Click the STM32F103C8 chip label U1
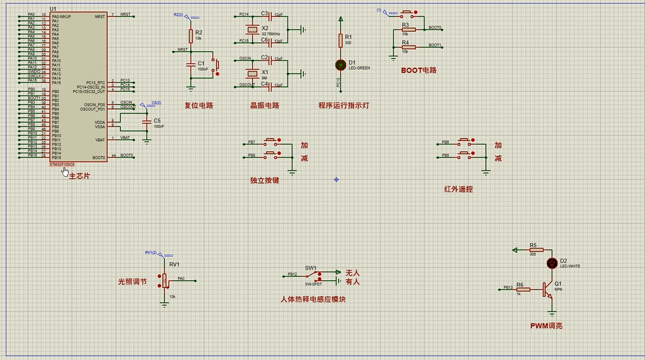click(x=53, y=8)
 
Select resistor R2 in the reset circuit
click(x=190, y=36)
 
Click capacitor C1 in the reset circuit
click(x=190, y=64)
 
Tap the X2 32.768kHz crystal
click(x=249, y=29)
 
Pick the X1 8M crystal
click(x=249, y=72)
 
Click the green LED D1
click(x=340, y=64)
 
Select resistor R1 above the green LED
click(x=340, y=40)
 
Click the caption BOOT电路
click(x=419, y=70)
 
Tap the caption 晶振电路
click(x=265, y=106)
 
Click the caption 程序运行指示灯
click(x=344, y=106)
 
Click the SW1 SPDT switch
click(x=312, y=276)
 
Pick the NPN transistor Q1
click(x=547, y=290)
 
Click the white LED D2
click(x=552, y=262)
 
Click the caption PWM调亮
click(x=546, y=326)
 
